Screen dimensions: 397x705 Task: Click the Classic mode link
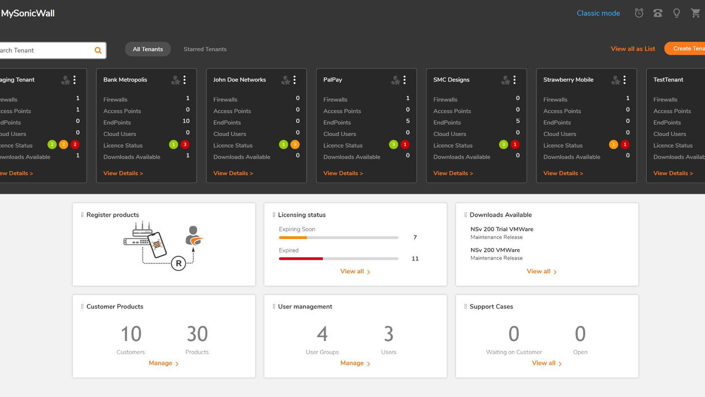coord(598,13)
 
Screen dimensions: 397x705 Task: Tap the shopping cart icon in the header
coord(695,13)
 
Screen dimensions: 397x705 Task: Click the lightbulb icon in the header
coord(676,13)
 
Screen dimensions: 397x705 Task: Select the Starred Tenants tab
coord(205,49)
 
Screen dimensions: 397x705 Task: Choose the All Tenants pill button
coord(148,49)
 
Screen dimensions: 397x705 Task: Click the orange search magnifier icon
coord(98,50)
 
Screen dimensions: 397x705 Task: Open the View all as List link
coord(633,49)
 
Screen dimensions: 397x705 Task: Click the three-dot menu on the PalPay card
coord(405,80)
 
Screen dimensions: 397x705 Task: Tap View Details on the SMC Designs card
coord(453,173)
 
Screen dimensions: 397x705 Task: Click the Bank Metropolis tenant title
coord(125,80)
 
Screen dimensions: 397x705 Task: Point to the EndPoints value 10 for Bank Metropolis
coord(186,121)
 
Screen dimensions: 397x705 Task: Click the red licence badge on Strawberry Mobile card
coord(625,144)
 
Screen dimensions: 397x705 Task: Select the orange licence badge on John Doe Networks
coord(295,144)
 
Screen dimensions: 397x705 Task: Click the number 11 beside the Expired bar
coord(415,259)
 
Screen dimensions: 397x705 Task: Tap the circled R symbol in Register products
coord(178,263)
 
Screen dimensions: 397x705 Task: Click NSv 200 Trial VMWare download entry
coord(501,229)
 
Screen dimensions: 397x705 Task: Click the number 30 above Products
coord(197,334)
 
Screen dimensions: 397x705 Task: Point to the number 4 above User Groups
coord(322,334)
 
